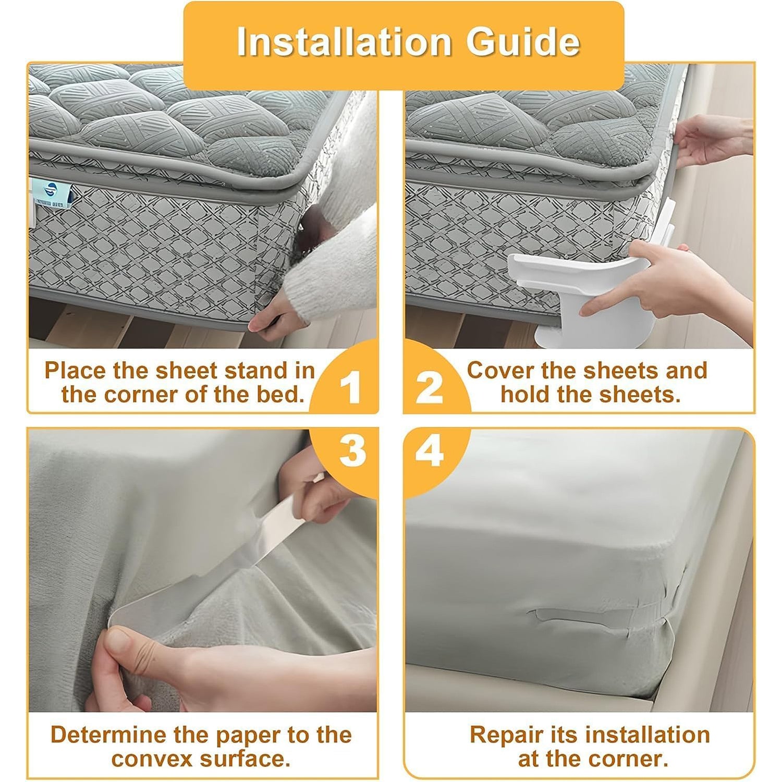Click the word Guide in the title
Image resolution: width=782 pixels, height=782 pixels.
(522, 42)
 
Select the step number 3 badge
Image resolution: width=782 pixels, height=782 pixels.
(352, 450)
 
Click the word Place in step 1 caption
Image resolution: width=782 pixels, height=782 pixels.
(75, 371)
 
